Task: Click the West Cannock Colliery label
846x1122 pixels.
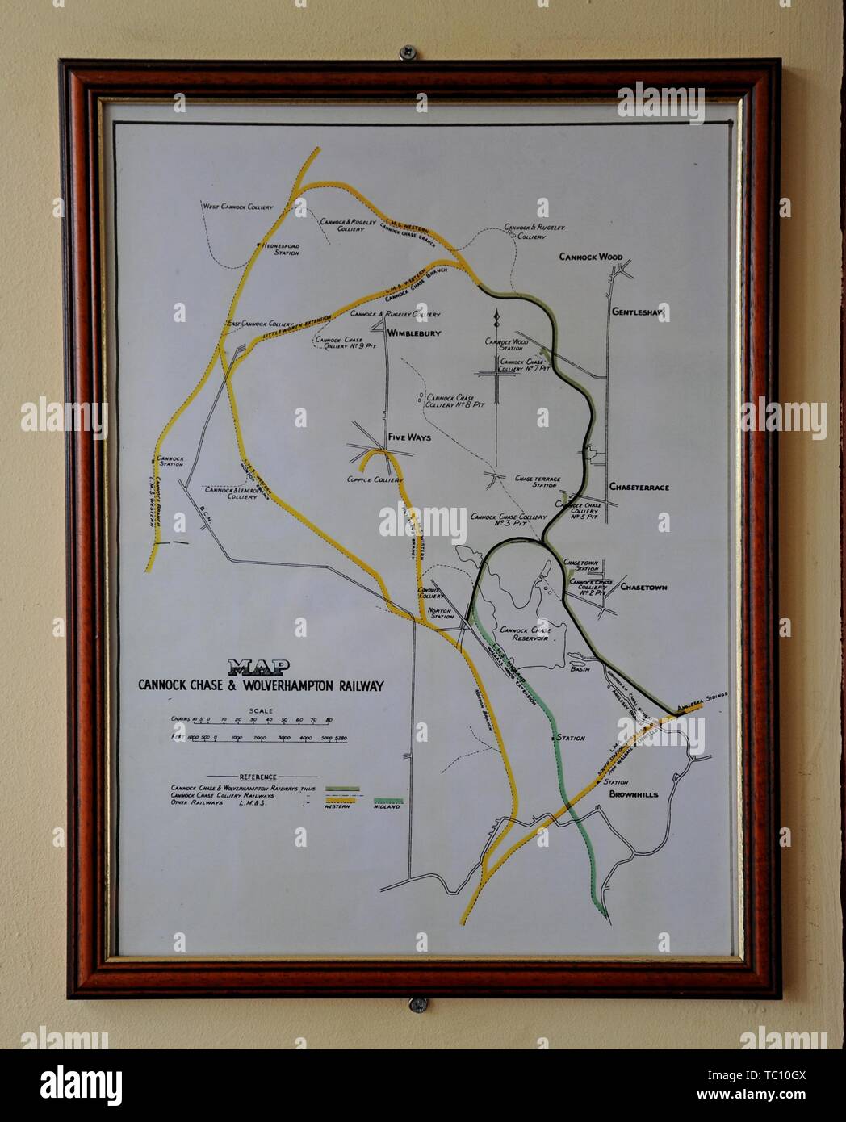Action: click(x=237, y=207)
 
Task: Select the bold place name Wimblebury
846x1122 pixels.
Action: click(x=414, y=333)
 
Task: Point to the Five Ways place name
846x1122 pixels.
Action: click(x=409, y=437)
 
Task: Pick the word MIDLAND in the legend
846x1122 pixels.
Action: click(x=388, y=806)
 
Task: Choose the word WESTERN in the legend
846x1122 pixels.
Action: click(x=339, y=806)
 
